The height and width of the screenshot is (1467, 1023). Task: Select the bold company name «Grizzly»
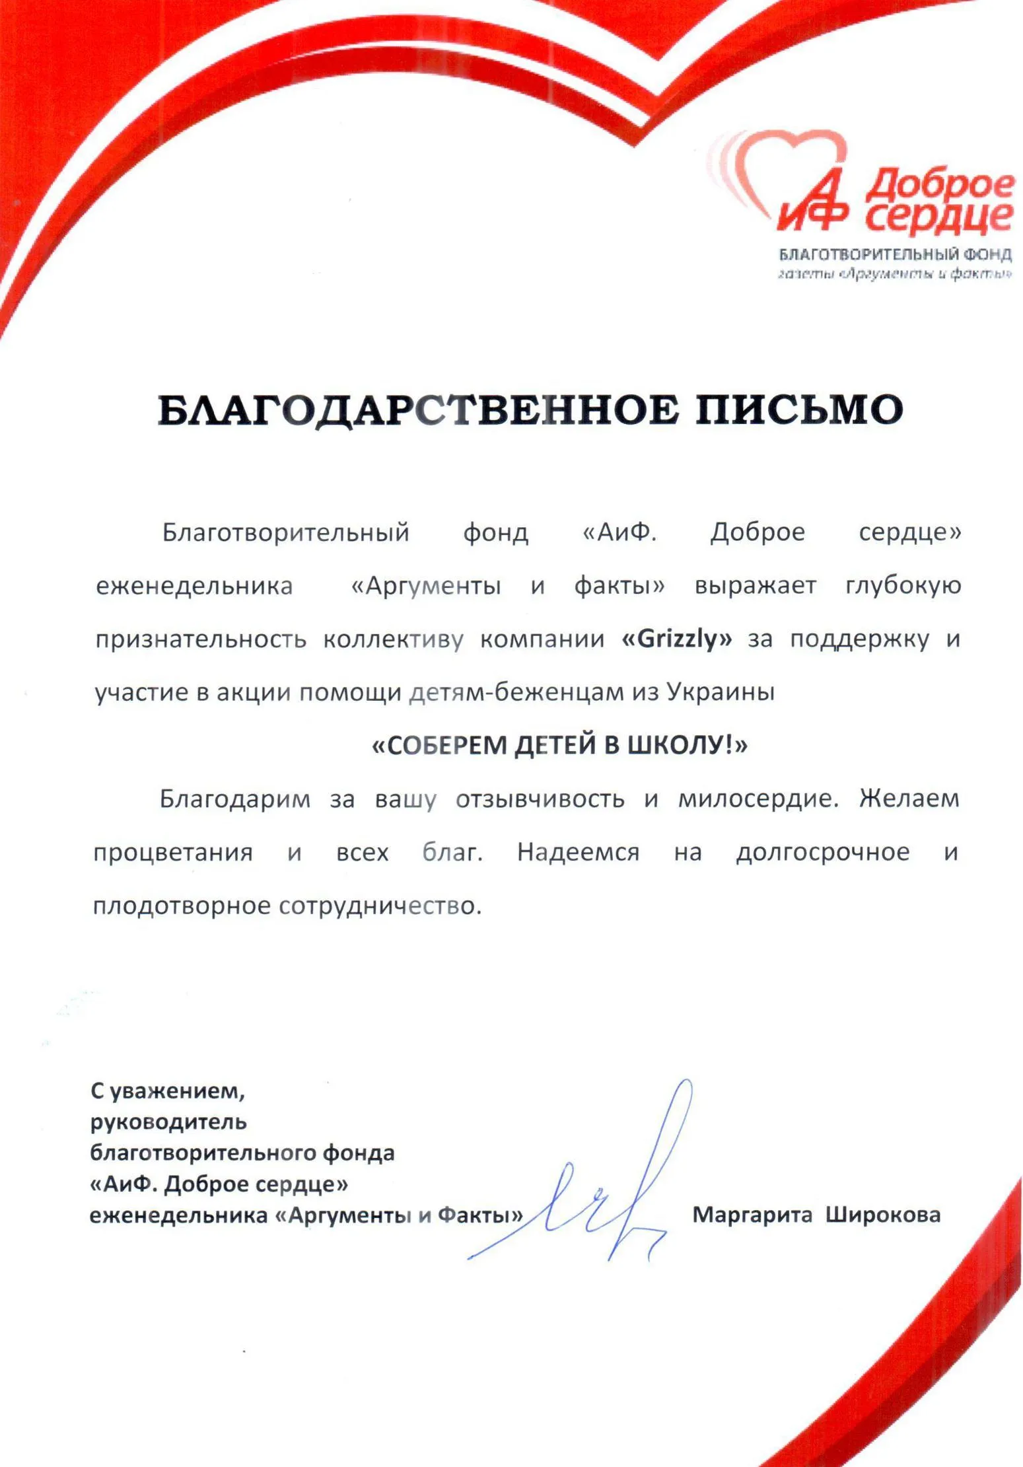pos(677,639)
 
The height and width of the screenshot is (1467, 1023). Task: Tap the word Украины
pos(721,692)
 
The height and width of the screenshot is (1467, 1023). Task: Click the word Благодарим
pos(234,799)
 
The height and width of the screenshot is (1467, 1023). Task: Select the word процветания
pos(173,852)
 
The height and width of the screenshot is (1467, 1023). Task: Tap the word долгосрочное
pos(822,852)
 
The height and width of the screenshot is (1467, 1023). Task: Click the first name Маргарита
pos(752,1214)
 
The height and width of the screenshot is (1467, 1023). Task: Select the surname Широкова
pos(883,1214)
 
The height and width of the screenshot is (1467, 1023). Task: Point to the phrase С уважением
pos(168,1091)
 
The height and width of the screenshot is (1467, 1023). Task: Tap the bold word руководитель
pos(168,1122)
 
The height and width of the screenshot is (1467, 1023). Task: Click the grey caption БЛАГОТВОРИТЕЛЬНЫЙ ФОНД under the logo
pos(895,254)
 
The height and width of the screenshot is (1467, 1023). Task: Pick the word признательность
pos(201,639)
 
